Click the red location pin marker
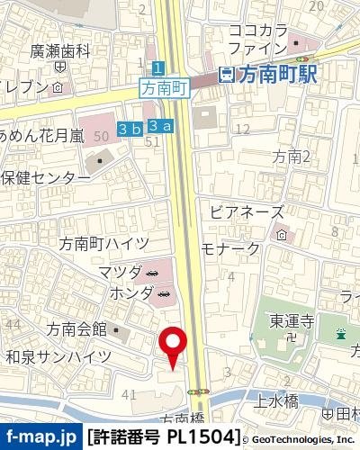(173, 346)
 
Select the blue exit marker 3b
(130, 129)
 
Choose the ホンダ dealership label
(125, 293)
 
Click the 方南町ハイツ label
(96, 243)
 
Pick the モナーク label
(230, 248)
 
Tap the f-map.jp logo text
(40, 438)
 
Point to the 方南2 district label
(292, 157)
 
